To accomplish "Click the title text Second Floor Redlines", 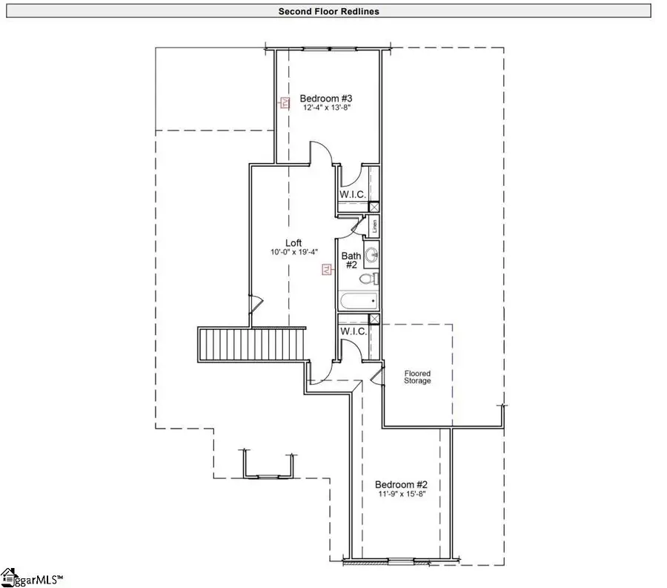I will (x=329, y=11).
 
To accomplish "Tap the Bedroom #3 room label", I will (x=325, y=98).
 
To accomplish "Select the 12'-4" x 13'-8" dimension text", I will (x=325, y=108).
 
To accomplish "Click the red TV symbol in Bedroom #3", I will (x=283, y=104).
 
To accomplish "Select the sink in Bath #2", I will (x=371, y=255).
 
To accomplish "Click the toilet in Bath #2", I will (x=370, y=279).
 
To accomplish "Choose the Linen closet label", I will (x=375, y=225).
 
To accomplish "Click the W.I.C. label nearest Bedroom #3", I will (x=353, y=194).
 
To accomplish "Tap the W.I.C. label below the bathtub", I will (x=353, y=331).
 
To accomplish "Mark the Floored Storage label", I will (x=417, y=377).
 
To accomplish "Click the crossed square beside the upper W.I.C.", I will (x=374, y=207).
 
